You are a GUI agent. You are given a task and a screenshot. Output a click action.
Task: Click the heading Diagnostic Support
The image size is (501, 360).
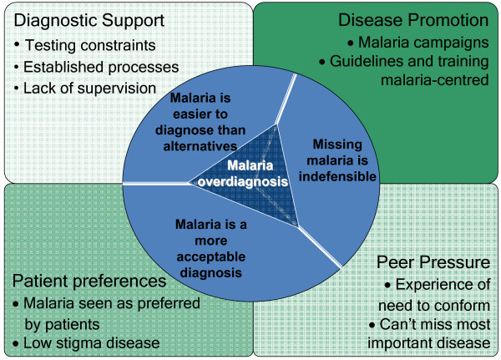click(89, 21)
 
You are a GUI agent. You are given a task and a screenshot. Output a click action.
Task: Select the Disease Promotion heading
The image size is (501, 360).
click(413, 20)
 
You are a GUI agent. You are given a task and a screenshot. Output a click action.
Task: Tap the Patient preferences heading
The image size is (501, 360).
click(89, 281)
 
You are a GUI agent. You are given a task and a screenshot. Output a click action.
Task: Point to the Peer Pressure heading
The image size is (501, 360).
click(433, 262)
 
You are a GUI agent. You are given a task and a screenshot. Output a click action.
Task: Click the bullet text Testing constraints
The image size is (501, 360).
click(90, 45)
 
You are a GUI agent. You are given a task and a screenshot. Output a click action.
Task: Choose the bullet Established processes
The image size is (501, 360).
click(101, 67)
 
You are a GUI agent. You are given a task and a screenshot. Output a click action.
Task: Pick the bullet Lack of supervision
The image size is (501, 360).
click(90, 89)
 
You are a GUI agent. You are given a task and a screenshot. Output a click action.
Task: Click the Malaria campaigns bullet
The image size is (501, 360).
click(423, 43)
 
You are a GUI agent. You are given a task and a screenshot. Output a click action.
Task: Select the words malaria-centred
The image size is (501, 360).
click(435, 80)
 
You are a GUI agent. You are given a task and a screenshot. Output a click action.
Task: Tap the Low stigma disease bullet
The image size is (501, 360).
click(91, 343)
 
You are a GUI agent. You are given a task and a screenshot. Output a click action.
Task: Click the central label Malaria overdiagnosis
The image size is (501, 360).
click(243, 174)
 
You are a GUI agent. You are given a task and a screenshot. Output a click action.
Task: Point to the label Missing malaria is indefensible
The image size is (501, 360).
click(337, 160)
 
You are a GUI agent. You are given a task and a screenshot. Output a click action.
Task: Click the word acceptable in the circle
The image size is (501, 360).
click(211, 256)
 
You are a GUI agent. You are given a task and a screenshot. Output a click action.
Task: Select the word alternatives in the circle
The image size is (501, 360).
click(200, 146)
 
